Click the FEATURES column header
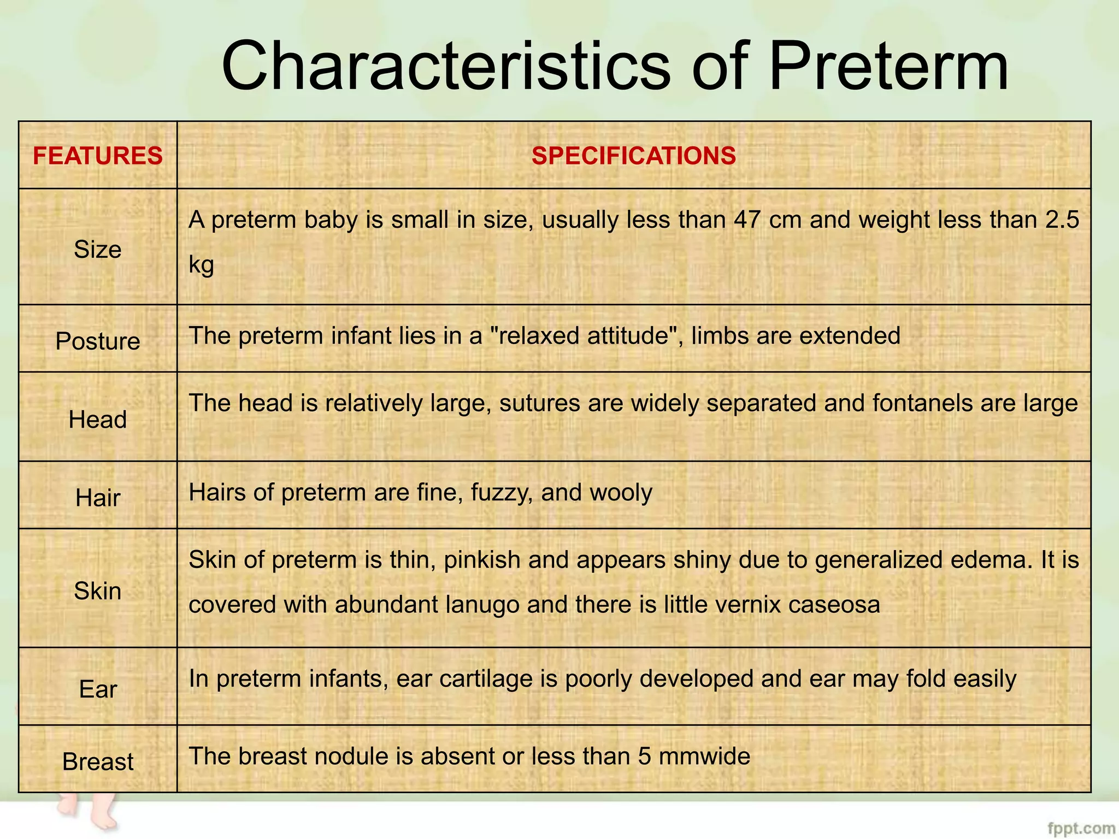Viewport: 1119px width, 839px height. [98, 156]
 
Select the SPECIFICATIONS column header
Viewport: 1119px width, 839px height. [634, 156]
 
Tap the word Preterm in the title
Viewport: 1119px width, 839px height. [888, 67]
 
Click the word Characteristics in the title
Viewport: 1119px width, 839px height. [445, 67]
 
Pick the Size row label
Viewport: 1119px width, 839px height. [98, 250]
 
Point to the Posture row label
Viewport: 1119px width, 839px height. [98, 341]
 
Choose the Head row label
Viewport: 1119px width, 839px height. [98, 419]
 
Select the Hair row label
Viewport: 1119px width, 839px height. [98, 498]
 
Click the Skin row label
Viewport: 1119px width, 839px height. [98, 591]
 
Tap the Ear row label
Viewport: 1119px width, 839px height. [98, 689]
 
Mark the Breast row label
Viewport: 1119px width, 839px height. [98, 761]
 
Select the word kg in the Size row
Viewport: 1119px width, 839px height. [201, 265]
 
